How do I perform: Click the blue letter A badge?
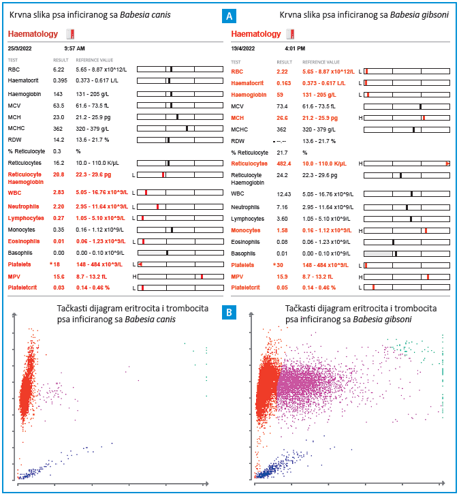(x=229, y=16)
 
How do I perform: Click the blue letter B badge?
(x=229, y=313)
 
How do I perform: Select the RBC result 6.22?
(x=59, y=69)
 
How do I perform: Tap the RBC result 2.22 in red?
(x=282, y=72)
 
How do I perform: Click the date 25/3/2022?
(x=20, y=48)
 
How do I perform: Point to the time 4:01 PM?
(x=295, y=48)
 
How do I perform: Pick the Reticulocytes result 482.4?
(x=283, y=164)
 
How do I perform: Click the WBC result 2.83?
(x=59, y=192)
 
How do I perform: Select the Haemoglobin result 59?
(x=280, y=95)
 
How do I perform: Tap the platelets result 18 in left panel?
(x=57, y=264)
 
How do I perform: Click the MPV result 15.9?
(x=282, y=277)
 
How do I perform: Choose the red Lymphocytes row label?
(x=26, y=218)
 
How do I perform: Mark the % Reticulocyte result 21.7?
(x=282, y=153)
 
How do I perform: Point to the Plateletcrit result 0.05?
(x=282, y=288)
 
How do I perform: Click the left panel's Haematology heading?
(x=33, y=34)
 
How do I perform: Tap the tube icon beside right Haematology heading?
(x=291, y=34)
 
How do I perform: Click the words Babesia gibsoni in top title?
(x=420, y=15)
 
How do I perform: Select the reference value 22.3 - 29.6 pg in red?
(x=93, y=174)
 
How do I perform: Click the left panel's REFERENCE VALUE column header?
(x=94, y=60)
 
